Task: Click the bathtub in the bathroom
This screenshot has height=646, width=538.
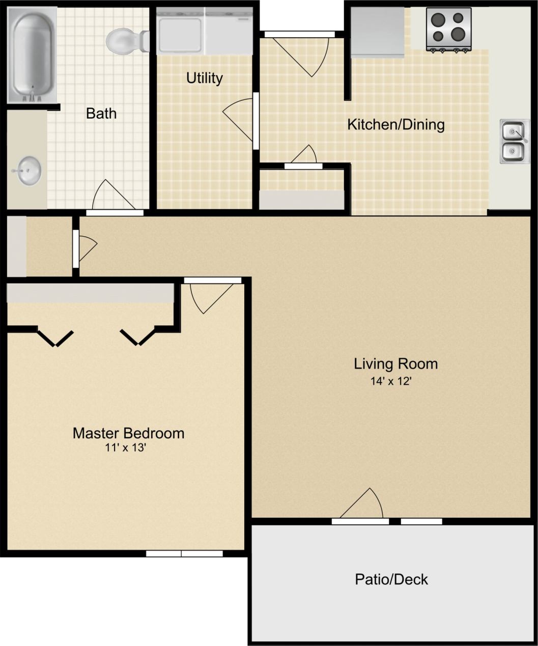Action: pyautogui.click(x=32, y=55)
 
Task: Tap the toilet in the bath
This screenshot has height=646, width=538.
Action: pyautogui.click(x=125, y=41)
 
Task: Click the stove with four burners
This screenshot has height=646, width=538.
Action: pyautogui.click(x=448, y=29)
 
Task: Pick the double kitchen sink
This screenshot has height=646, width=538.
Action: pyautogui.click(x=514, y=141)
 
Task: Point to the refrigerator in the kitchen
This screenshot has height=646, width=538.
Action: pyautogui.click(x=377, y=32)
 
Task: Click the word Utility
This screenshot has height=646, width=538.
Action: pyautogui.click(x=204, y=78)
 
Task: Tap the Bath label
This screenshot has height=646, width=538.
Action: pyautogui.click(x=101, y=113)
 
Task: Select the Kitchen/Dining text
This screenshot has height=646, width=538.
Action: pyautogui.click(x=395, y=124)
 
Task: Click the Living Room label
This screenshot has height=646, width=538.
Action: pyautogui.click(x=395, y=363)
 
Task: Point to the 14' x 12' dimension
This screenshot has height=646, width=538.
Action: pyautogui.click(x=390, y=381)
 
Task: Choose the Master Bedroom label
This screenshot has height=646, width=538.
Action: pyautogui.click(x=128, y=433)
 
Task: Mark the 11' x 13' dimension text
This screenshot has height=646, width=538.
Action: pyautogui.click(x=126, y=448)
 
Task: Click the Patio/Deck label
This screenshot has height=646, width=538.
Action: pyautogui.click(x=391, y=579)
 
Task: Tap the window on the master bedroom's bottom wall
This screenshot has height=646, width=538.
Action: pyautogui.click(x=184, y=553)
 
